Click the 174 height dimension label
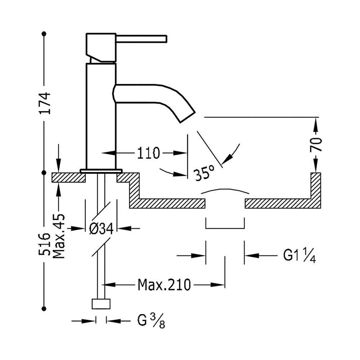pos(45,103)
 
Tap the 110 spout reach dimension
pos(149,153)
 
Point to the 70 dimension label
pos(316,145)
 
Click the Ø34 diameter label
pos(101,229)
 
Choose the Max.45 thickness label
pos(59,236)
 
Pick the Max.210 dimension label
pos(164,285)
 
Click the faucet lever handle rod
pos(141,39)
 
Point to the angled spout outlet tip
pos(188,118)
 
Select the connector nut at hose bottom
pos(101,304)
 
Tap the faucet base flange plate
pos(101,171)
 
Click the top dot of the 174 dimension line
pos(44,34)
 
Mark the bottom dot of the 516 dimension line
pos(44,309)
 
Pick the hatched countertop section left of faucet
pos(68,177)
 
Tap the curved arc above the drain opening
pos(225,189)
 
